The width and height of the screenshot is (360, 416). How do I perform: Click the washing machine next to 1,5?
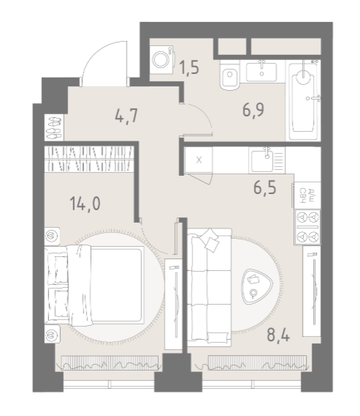pyautogui.click(x=162, y=60)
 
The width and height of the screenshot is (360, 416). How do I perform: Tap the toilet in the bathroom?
pyautogui.click(x=229, y=75)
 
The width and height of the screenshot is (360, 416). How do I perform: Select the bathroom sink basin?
pyautogui.click(x=262, y=72)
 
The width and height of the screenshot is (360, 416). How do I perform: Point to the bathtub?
pyautogui.click(x=304, y=100)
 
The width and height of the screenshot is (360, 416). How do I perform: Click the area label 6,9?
pyautogui.click(x=253, y=110)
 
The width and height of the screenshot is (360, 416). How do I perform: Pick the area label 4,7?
pyautogui.click(x=127, y=116)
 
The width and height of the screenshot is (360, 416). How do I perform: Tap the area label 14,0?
pyautogui.click(x=85, y=204)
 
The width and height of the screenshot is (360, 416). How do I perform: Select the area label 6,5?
pyautogui.click(x=265, y=187)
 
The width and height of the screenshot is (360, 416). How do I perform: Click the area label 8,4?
pyautogui.click(x=278, y=335)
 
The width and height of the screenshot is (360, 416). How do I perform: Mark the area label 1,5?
pyautogui.click(x=189, y=68)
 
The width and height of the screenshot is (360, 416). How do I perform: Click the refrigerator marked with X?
pyautogui.click(x=199, y=160)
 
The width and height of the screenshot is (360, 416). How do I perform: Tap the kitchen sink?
pyautogui.click(x=266, y=160)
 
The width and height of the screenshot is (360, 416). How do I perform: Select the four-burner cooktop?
pyautogui.click(x=307, y=227)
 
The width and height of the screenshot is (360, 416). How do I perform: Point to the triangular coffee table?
pyautogui.click(x=257, y=286)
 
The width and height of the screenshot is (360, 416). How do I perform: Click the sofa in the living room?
pyautogui.click(x=209, y=287)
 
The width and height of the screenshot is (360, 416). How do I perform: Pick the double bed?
pyautogui.click(x=94, y=285)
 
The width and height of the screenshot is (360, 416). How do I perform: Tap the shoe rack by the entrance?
pyautogui.click(x=54, y=127)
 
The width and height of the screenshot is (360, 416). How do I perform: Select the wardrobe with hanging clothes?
pyautogui.click(x=89, y=159)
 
